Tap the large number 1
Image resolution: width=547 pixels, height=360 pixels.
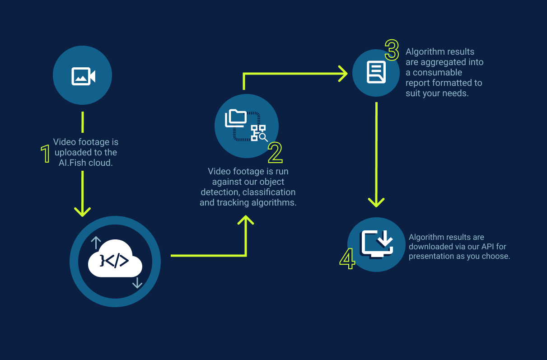45,154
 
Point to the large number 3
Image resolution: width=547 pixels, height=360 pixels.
392,50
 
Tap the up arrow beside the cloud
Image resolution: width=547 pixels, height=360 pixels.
96,243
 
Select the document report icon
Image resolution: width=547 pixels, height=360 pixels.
376,73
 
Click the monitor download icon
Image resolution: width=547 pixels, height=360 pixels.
377,244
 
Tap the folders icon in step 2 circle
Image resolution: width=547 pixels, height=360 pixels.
236,118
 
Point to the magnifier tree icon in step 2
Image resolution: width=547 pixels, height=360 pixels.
259,133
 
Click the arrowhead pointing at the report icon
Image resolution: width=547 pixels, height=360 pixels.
343,73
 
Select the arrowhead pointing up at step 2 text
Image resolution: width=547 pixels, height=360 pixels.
246,220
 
